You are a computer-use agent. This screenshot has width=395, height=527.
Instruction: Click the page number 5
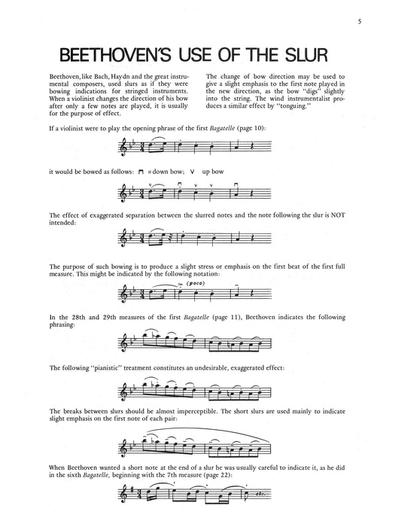pyautogui.click(x=360, y=20)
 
